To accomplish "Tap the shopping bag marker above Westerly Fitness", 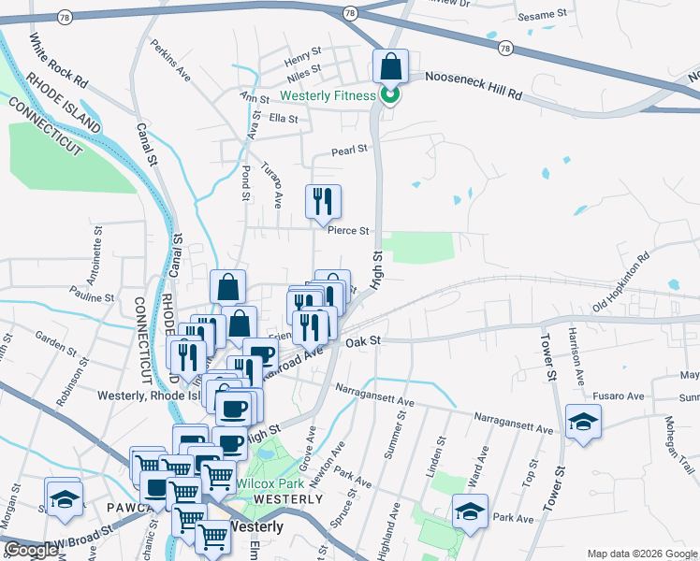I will [x=390, y=68].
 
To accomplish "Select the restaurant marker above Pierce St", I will [x=323, y=201].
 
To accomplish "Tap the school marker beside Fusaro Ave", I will [x=583, y=423].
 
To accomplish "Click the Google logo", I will [x=31, y=550].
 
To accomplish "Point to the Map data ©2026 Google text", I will [x=642, y=554].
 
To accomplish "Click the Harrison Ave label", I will [x=579, y=355].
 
